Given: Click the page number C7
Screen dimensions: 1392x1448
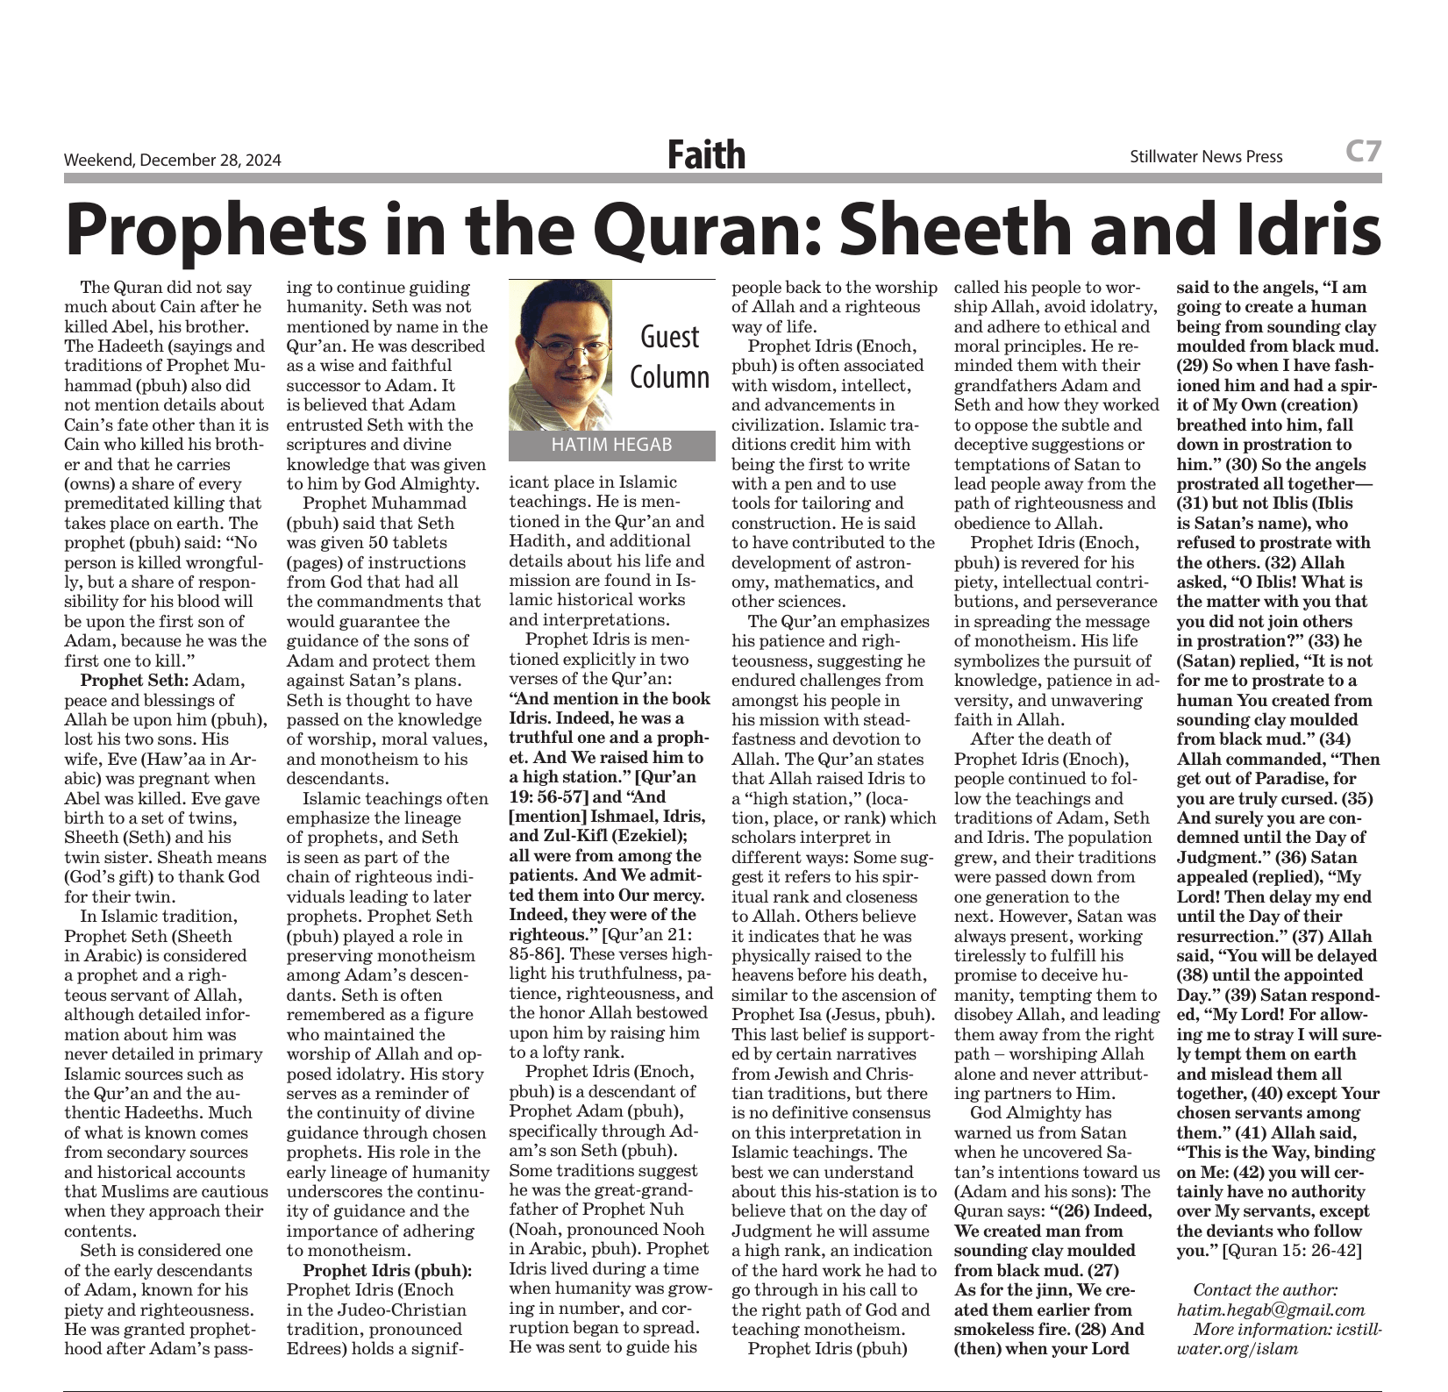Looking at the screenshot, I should click(1363, 152).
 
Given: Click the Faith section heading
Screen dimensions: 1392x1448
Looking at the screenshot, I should click(706, 155).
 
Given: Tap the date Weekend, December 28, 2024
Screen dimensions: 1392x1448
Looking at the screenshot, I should click(173, 160).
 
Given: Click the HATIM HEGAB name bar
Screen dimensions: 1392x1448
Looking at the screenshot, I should click(611, 445).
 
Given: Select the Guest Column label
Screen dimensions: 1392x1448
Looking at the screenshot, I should click(671, 356).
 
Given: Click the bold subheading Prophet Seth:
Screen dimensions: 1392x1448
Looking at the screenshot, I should click(134, 681).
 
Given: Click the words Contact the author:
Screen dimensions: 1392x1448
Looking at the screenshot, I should click(1266, 1289).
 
